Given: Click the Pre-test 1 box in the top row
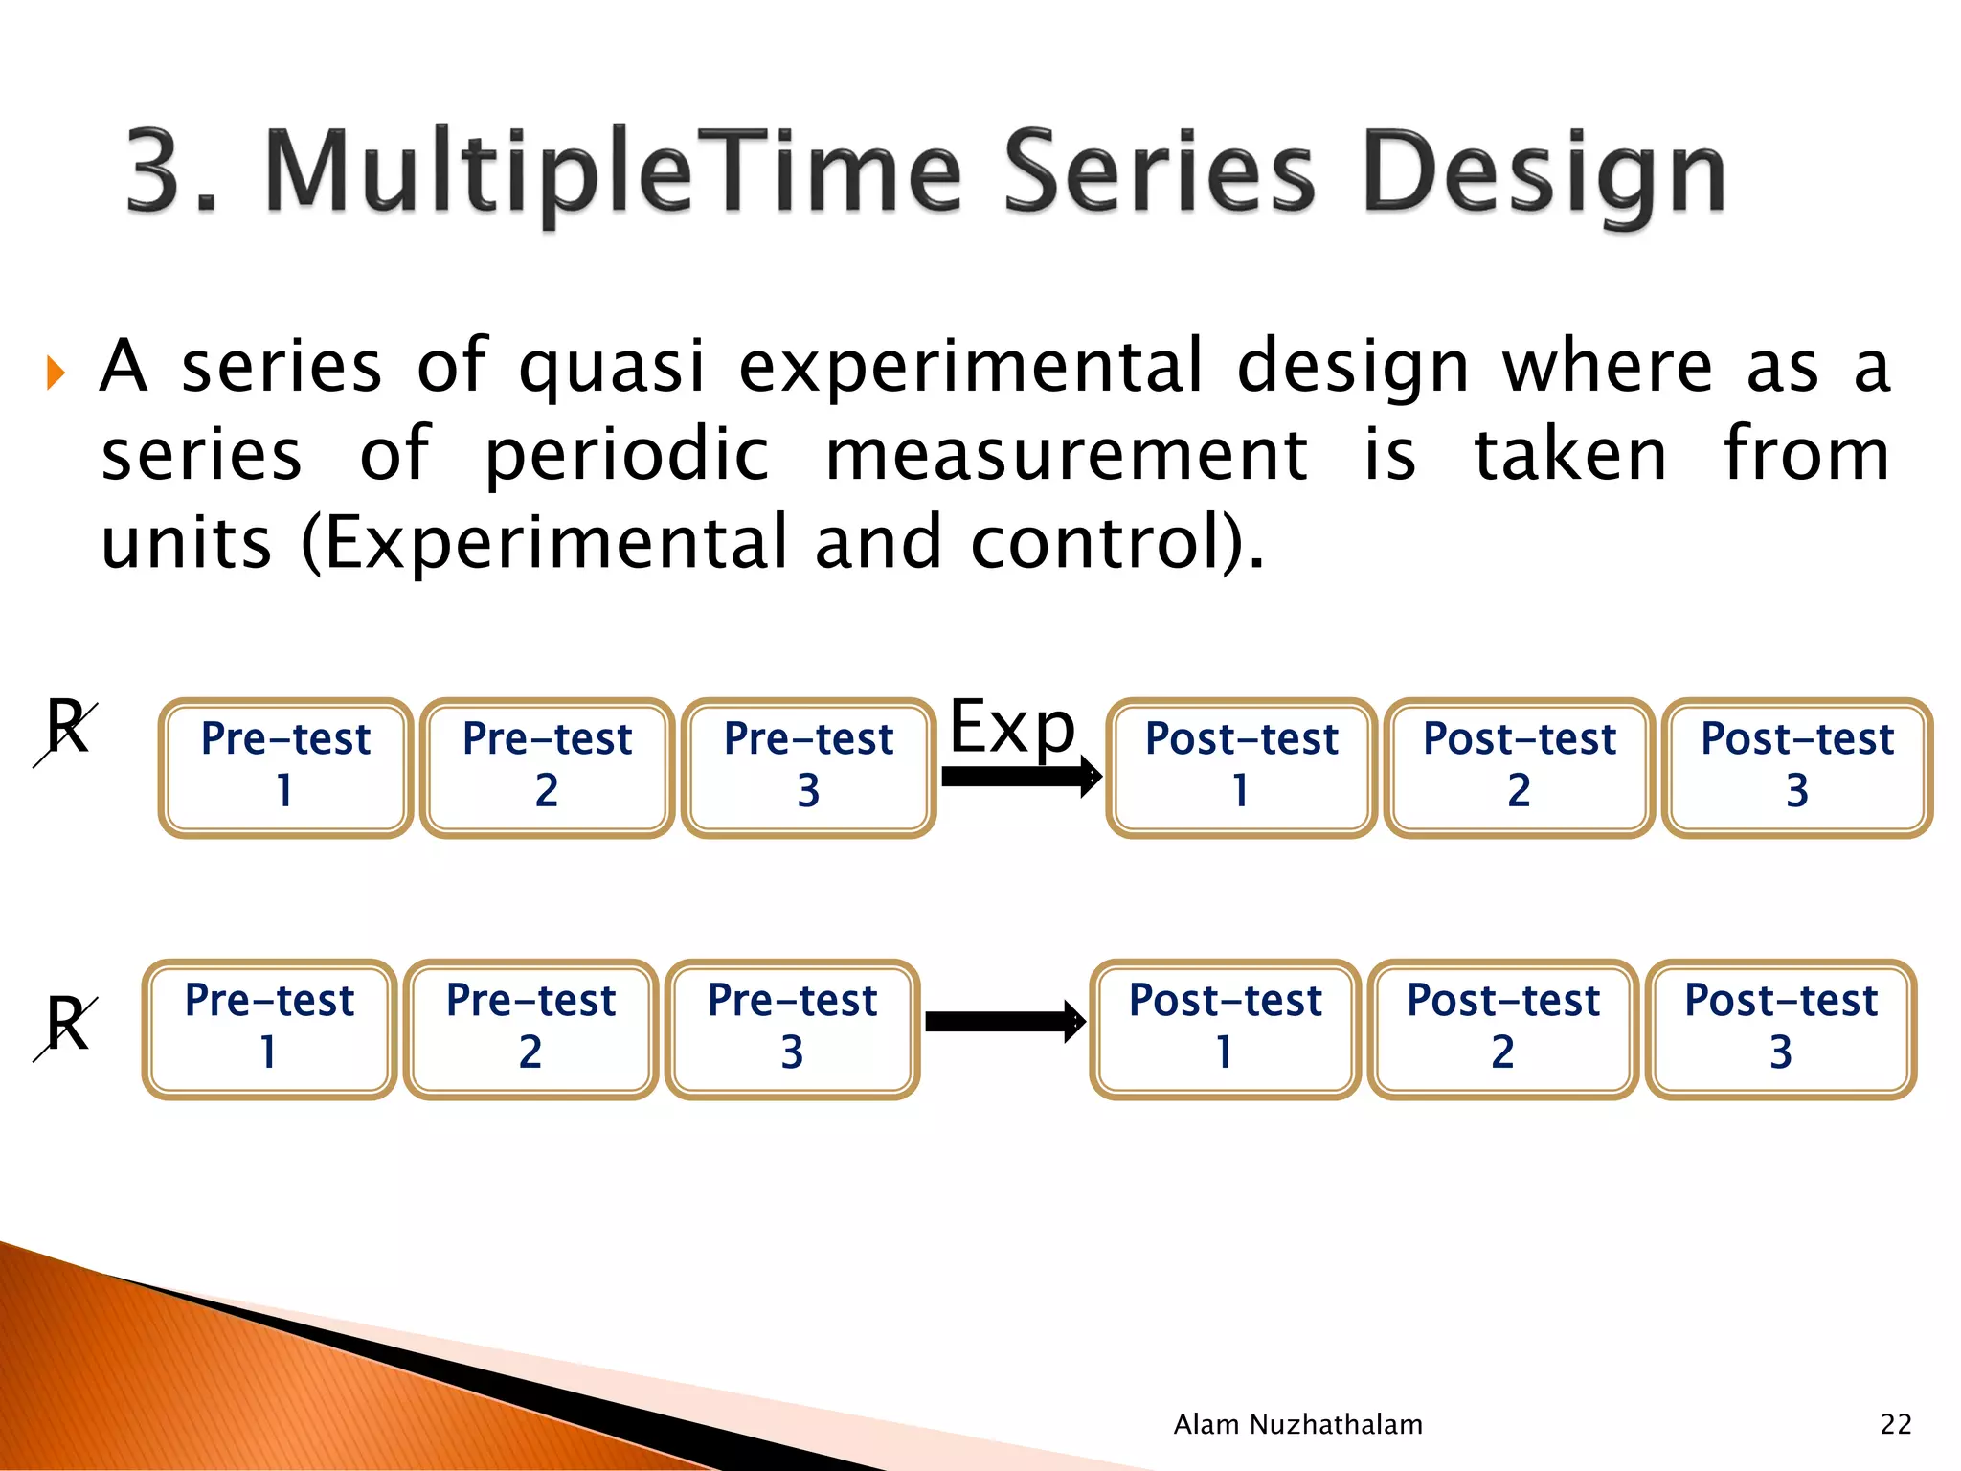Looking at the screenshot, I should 285,767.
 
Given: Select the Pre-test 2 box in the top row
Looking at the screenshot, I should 547,767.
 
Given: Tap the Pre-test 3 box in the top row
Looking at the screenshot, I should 808,767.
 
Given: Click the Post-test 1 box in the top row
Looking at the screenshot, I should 1241,767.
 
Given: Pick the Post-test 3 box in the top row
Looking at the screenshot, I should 1797,767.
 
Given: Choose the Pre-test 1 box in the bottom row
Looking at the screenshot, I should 269,1029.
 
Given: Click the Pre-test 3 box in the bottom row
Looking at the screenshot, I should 792,1029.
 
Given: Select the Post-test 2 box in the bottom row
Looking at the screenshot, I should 1502,1029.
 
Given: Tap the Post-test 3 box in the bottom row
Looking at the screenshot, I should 1781,1029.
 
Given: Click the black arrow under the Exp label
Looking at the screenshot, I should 1020,777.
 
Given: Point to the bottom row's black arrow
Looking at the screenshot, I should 1003,1022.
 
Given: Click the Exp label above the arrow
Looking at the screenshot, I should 1012,728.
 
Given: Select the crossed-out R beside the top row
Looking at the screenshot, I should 67,730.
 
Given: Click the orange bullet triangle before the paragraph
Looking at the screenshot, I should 56,372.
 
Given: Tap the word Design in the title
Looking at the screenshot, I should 1544,174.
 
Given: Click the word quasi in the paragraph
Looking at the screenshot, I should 612,367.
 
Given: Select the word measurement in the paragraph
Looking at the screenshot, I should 1066,455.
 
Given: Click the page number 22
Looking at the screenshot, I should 1895,1424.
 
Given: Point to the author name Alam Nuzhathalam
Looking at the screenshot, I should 1297,1424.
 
